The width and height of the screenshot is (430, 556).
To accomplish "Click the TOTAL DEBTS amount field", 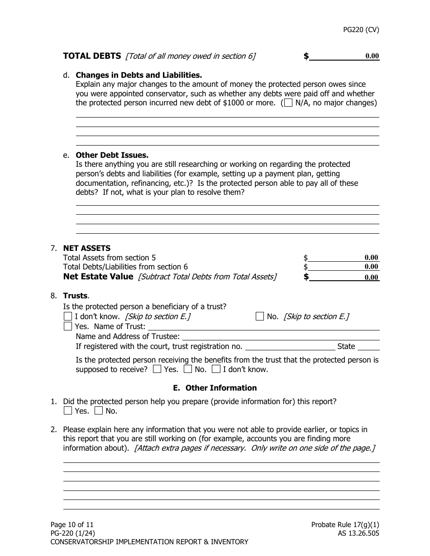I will click(x=344, y=57).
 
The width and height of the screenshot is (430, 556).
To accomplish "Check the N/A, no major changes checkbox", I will click(x=288, y=103).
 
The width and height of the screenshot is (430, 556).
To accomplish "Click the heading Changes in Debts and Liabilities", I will click(x=139, y=75).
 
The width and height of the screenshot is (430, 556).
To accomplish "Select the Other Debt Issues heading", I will click(x=112, y=155).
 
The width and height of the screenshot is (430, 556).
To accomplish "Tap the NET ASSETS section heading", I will click(x=86, y=248).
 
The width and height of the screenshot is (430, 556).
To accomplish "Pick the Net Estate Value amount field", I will click(x=344, y=277).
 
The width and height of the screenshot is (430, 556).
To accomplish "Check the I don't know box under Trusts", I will click(x=68, y=316).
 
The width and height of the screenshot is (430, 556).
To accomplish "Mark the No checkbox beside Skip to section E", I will click(x=260, y=316).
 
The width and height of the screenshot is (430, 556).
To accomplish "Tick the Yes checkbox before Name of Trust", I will click(x=68, y=326).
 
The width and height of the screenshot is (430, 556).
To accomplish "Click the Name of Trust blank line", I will click(x=263, y=327).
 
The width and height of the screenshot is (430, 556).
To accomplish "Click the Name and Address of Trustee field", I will click(x=281, y=337).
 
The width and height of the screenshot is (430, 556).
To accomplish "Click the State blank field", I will click(x=368, y=347).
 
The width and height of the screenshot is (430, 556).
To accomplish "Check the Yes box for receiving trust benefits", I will click(x=157, y=369).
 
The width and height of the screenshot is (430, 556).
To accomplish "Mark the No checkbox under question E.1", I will click(x=99, y=411).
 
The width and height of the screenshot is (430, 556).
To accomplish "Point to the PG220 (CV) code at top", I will click(x=361, y=30).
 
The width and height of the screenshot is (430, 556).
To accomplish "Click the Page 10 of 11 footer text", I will click(x=72, y=525).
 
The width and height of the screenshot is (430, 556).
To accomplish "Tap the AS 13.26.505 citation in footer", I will click(x=355, y=533).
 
